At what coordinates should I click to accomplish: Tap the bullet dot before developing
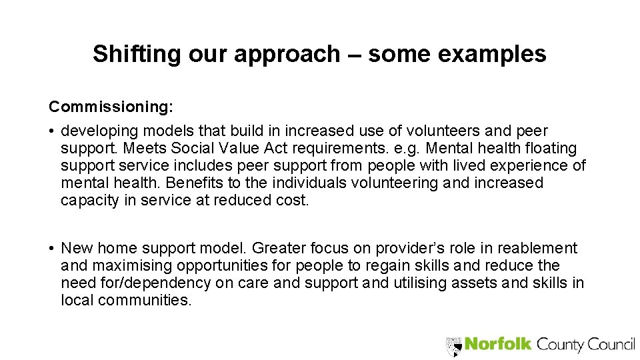click(51, 131)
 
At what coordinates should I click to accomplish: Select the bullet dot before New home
click(51, 249)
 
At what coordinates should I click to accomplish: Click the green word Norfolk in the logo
click(498, 344)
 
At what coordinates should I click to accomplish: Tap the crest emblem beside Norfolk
click(453, 345)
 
